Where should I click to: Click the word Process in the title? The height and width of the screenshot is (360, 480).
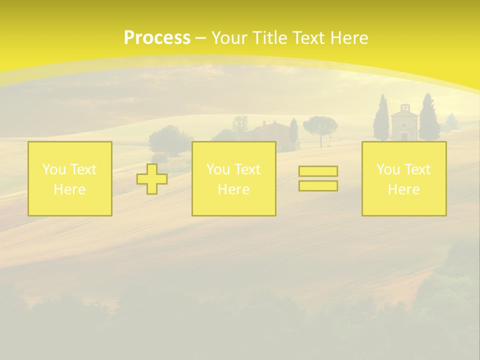[157, 37]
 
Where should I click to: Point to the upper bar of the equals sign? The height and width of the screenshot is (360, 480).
[318, 171]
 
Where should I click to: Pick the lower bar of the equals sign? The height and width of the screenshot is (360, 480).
[318, 186]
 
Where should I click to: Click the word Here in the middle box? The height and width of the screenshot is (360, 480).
[233, 189]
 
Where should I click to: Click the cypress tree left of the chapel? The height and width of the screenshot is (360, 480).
[381, 120]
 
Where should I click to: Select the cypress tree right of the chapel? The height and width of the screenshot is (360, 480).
[428, 119]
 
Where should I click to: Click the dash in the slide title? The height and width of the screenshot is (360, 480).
[201, 38]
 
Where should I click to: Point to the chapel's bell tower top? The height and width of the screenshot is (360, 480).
[404, 107]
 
